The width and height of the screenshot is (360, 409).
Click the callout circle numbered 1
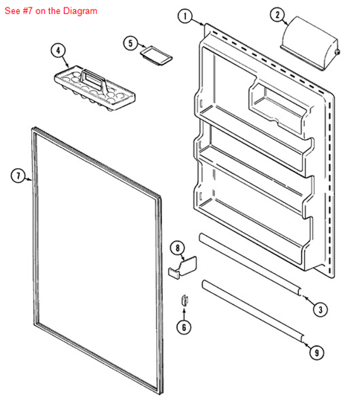pos(186,16)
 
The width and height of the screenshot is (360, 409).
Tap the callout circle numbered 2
pos(277,15)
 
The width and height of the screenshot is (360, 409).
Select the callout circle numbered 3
pos(319,309)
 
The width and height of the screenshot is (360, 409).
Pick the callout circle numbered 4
pos(57,51)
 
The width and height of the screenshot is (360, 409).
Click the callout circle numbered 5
pos(131,44)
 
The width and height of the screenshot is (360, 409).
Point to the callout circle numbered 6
pos(183,326)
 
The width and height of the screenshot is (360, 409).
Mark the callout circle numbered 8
pos(177,248)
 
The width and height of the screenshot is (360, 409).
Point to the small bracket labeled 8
pos(184,265)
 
